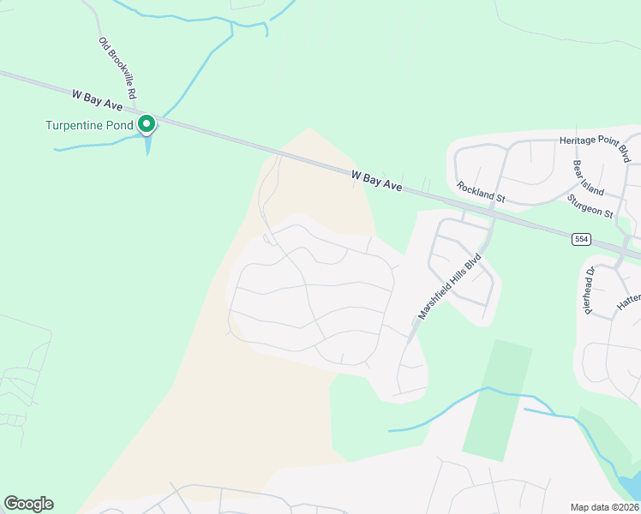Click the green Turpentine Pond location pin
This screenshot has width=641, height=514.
pos(147,124)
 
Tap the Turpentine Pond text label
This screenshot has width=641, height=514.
pos(90,126)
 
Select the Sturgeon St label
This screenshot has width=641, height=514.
pos(590,206)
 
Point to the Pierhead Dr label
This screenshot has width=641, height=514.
pos(590,290)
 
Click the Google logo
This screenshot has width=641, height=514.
pos(28,504)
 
